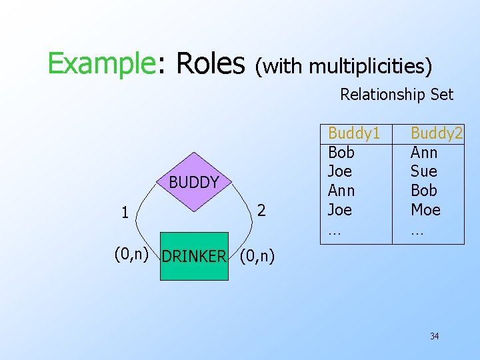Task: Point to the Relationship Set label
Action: (397, 95)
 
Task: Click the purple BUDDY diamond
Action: (193, 182)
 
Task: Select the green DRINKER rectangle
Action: (194, 256)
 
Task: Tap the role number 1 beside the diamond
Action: (125, 213)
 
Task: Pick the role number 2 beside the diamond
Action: (262, 211)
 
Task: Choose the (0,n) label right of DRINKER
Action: (256, 255)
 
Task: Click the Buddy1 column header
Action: (354, 133)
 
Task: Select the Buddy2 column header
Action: (436, 133)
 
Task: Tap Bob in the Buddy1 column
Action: (341, 153)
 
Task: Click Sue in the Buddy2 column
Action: (423, 171)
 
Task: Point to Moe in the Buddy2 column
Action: (425, 210)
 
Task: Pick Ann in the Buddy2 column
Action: (424, 153)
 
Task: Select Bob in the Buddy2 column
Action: (424, 191)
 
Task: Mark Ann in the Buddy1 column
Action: (342, 191)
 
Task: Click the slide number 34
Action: (434, 336)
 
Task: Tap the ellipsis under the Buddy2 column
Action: (417, 232)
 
